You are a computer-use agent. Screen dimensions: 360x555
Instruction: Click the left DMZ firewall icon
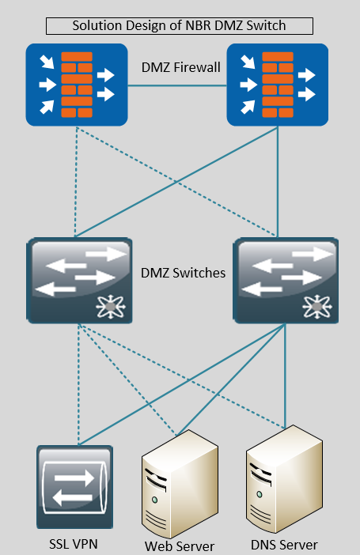[77, 85]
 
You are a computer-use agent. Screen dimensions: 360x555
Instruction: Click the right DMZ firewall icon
[278, 85]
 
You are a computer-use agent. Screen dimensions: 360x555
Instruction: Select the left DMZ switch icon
[80, 281]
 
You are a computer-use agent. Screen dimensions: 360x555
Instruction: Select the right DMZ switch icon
[286, 281]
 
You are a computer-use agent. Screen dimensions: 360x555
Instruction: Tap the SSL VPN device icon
[74, 487]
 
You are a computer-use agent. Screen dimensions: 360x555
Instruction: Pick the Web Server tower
[180, 484]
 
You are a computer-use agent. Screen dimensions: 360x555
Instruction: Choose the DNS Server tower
[284, 479]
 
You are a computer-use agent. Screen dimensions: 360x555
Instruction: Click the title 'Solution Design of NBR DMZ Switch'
[179, 26]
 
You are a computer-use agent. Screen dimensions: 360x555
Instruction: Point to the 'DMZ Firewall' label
[180, 67]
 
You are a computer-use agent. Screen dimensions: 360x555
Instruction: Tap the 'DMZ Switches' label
[184, 273]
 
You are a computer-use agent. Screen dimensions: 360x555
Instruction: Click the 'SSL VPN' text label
[74, 544]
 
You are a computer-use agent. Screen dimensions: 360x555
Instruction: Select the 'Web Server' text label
[180, 546]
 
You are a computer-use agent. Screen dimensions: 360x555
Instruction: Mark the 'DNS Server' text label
[284, 545]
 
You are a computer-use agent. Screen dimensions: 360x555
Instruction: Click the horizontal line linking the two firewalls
[177, 85]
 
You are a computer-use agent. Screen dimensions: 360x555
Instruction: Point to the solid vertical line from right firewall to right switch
[278, 182]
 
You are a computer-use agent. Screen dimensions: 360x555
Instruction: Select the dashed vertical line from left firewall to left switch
[76, 182]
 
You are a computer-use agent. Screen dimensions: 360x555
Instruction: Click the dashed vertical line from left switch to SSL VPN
[78, 384]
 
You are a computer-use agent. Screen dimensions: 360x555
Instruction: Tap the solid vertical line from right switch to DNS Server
[286, 376]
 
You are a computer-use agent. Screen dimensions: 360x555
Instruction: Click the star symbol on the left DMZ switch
[111, 306]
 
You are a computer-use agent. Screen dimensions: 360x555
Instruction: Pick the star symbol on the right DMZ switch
[317, 306]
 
